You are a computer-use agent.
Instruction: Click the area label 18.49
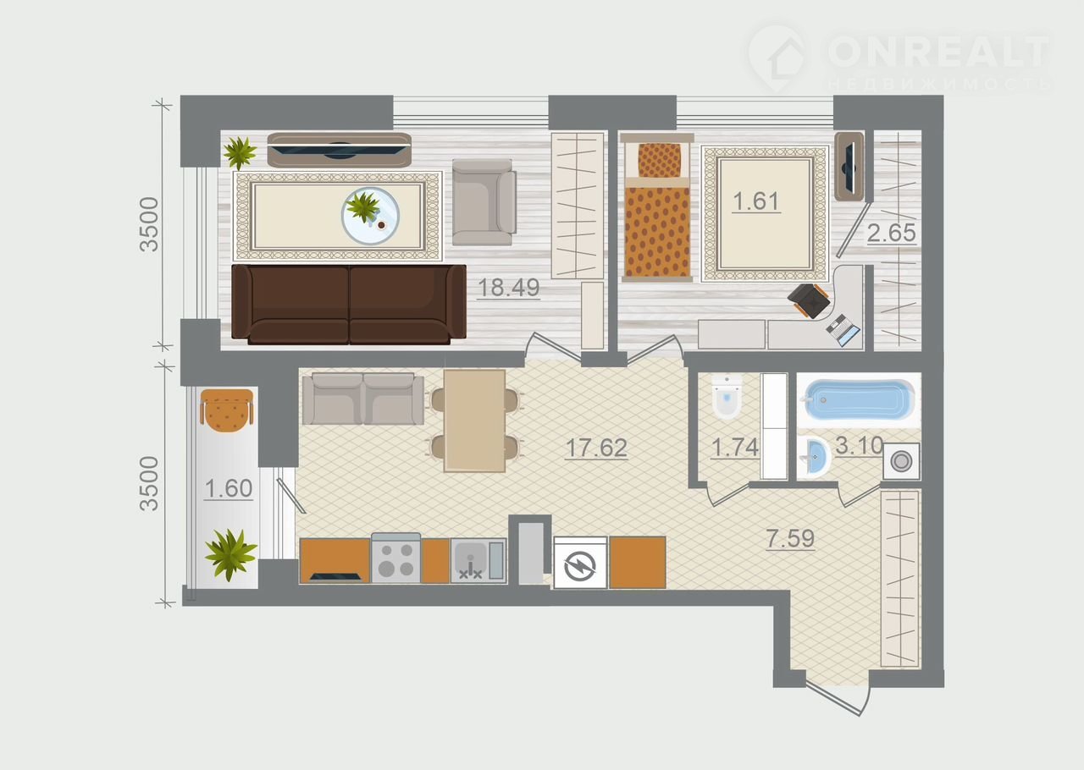508,288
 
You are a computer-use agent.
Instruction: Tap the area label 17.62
596,448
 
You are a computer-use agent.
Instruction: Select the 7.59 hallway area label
790,538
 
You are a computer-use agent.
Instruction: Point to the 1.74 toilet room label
734,448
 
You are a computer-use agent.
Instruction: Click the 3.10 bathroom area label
860,445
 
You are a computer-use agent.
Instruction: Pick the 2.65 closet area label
892,233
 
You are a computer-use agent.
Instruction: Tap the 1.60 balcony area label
229,488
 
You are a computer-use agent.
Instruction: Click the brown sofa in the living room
349,305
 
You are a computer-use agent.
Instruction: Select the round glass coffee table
370,216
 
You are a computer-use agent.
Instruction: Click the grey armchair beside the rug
484,202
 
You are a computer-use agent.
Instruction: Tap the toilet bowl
727,397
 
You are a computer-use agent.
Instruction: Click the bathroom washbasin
815,457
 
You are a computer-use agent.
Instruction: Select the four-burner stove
395,558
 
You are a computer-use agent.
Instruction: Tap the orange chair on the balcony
226,410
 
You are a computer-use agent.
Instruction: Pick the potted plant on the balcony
231,553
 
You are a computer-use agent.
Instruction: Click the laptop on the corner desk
843,330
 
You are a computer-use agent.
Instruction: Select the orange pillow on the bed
659,160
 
